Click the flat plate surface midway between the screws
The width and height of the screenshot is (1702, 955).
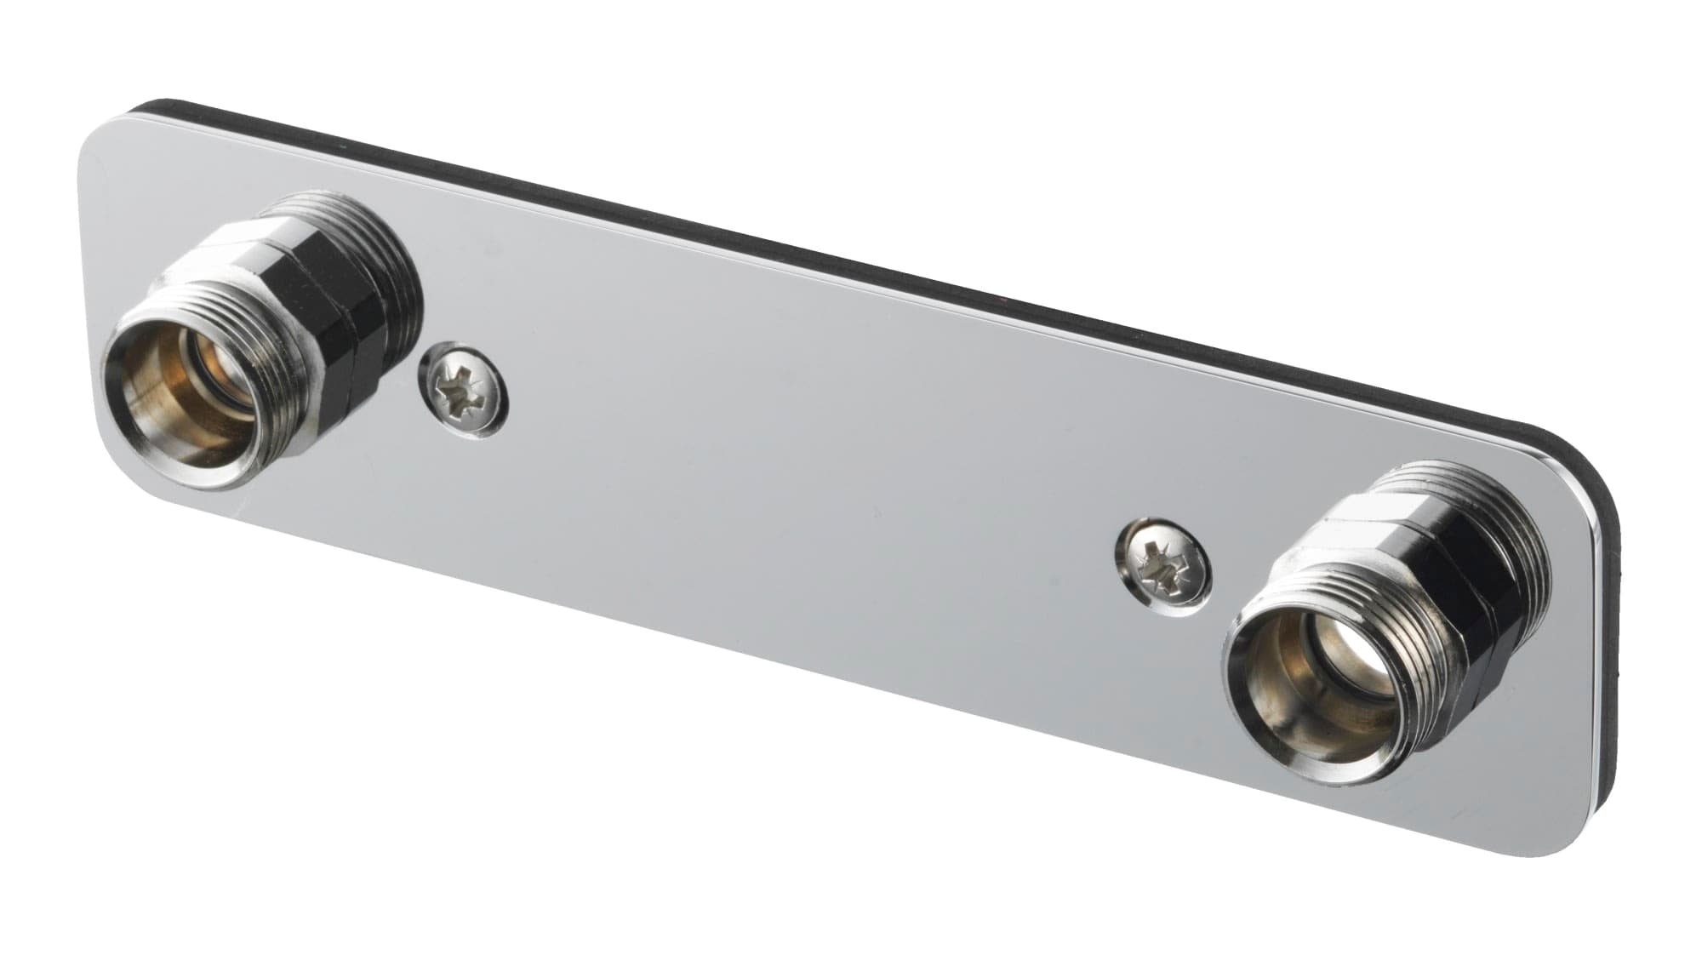tap(808, 477)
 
